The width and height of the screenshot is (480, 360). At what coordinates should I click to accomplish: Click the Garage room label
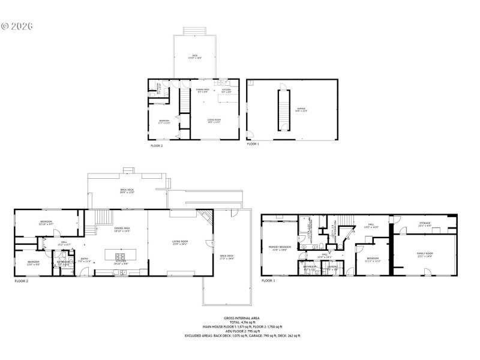tap(301, 109)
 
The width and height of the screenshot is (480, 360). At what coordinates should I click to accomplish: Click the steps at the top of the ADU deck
tap(194, 31)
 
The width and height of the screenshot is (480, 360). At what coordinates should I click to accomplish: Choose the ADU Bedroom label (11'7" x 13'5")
tap(164, 121)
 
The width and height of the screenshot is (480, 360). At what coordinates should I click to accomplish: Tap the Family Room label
tap(425, 255)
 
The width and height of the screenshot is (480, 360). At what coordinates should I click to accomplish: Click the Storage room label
tap(425, 224)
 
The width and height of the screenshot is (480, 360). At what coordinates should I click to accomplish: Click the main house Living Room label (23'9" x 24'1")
tap(179, 242)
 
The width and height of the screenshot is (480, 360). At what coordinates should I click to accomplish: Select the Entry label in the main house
tap(85, 260)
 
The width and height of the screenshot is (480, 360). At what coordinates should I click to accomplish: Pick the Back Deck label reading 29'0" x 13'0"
tap(125, 191)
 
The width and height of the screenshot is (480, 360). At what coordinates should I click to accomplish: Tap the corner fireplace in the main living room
tap(205, 218)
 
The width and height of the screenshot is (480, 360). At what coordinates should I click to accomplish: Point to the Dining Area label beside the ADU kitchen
tap(203, 91)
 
